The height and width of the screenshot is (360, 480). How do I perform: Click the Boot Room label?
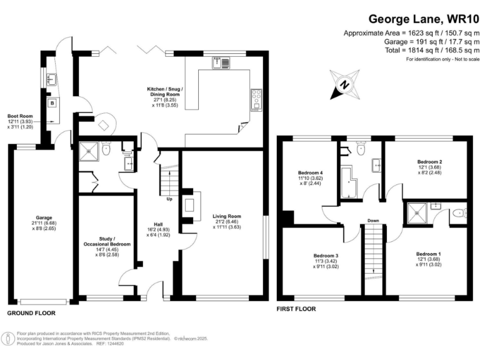20,116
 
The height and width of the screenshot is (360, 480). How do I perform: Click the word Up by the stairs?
169,200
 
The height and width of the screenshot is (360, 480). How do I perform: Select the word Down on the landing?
373,220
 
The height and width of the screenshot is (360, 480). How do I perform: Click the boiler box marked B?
52,102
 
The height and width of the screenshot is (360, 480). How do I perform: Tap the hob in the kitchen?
256,97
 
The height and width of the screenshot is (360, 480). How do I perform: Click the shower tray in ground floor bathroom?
89,150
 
